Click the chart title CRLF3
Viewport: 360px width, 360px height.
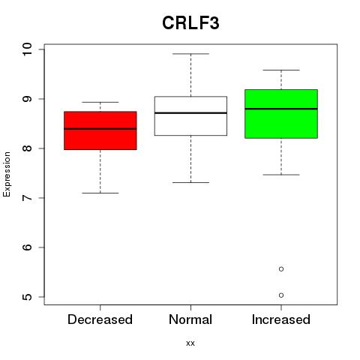coord(190,23)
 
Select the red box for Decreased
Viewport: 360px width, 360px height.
coord(100,130)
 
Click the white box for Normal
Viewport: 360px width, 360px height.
coord(190,116)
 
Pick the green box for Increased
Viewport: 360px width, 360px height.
coord(281,114)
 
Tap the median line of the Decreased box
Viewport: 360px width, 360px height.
coord(100,129)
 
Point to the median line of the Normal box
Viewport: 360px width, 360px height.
coord(190,113)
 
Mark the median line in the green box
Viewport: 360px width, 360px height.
coord(281,109)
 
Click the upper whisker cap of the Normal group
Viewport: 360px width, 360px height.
coord(190,54)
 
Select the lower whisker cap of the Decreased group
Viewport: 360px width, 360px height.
coord(100,193)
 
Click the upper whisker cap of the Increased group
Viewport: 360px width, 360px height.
coord(281,70)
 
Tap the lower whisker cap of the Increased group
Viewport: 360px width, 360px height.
coord(281,175)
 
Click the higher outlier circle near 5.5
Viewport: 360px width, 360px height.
coord(281,269)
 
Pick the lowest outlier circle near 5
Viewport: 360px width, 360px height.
coord(281,295)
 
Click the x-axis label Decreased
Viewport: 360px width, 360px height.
coord(100,319)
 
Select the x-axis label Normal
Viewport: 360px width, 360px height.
coord(190,319)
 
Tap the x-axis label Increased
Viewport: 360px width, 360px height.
coord(281,319)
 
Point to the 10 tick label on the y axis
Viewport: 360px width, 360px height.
coord(27,49)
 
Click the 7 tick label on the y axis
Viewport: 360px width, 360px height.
coord(27,198)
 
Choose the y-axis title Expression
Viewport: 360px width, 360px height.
coord(7,174)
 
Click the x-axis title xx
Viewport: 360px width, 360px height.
coord(190,343)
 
